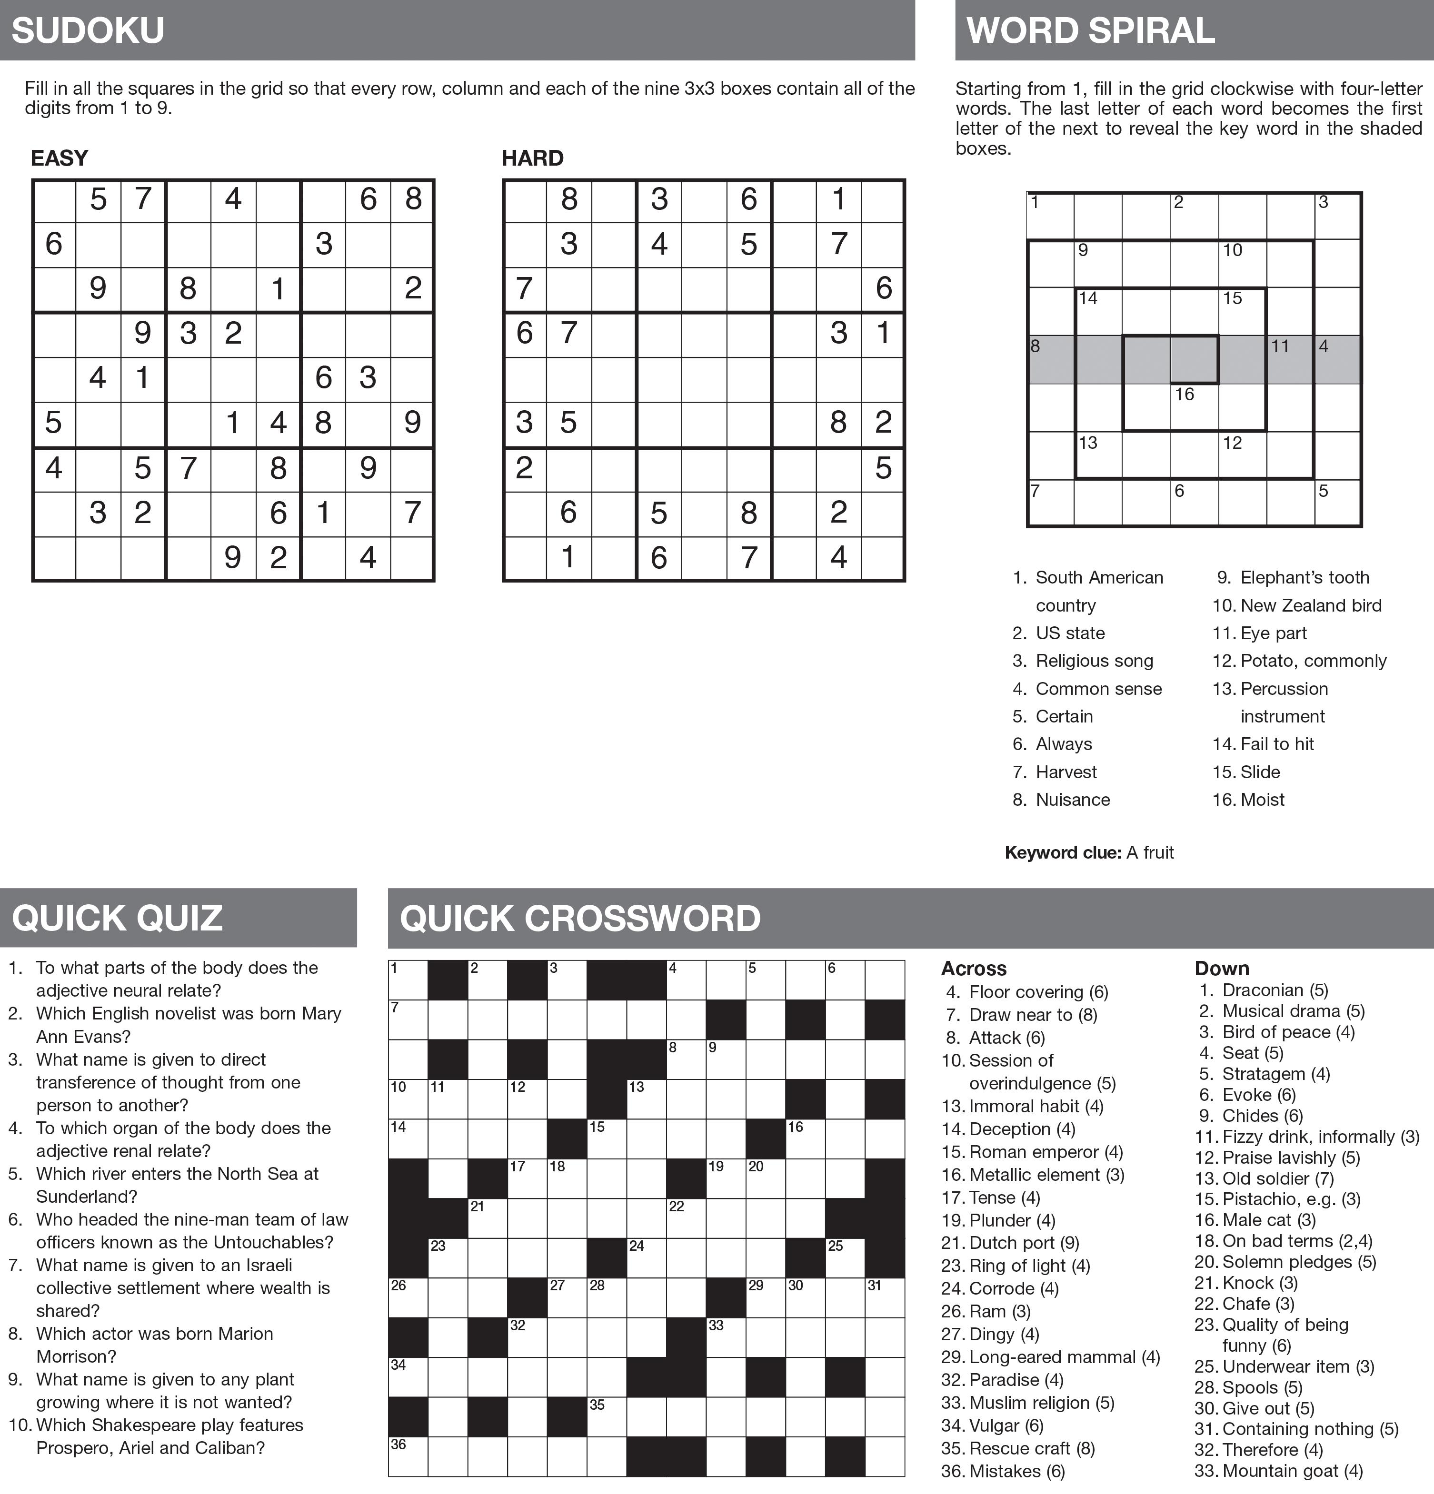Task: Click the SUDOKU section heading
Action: click(88, 30)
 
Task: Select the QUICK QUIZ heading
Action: click(118, 918)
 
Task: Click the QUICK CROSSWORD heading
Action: click(579, 918)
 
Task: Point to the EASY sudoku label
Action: click(60, 158)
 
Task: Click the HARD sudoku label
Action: click(532, 158)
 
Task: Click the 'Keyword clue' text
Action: click(1089, 852)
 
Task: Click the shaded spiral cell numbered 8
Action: click(1051, 359)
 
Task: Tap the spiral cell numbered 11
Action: click(1290, 359)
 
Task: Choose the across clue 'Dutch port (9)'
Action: click(1010, 1243)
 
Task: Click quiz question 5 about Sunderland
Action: click(177, 1185)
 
